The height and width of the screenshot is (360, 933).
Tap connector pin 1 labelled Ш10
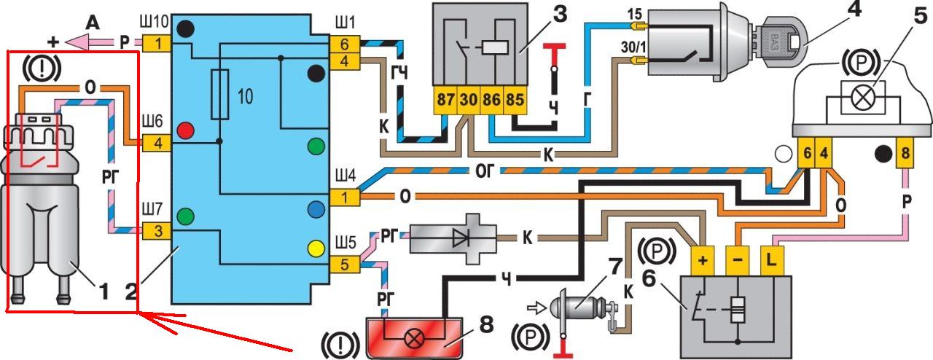[156, 43]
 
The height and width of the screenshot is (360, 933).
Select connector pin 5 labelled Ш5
[343, 265]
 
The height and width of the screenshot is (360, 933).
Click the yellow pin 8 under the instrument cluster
[905, 154]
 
